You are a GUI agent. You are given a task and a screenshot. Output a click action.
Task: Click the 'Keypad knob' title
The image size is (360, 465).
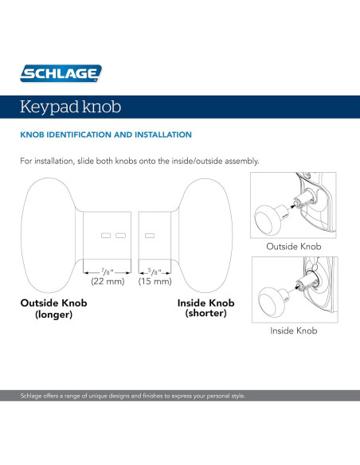click(x=71, y=105)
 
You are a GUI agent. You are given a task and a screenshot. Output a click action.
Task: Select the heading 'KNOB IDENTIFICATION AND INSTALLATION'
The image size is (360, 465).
click(x=105, y=135)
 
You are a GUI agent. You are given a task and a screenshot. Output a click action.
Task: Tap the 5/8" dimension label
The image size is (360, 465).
click(x=155, y=272)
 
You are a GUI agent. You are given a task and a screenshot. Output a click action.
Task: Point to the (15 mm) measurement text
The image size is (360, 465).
click(x=155, y=282)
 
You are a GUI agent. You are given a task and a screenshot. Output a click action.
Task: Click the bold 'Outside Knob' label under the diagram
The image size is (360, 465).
click(x=53, y=303)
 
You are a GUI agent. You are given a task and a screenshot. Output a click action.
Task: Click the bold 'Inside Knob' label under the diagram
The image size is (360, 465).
click(x=205, y=303)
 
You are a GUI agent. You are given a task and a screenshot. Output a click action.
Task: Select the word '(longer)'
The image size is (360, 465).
click(x=53, y=315)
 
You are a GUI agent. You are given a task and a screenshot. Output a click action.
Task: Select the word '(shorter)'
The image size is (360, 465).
click(x=205, y=315)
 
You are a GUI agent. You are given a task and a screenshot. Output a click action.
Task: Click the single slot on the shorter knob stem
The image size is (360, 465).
click(x=149, y=235)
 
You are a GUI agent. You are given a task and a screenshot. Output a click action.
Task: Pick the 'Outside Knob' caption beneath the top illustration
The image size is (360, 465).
click(x=294, y=247)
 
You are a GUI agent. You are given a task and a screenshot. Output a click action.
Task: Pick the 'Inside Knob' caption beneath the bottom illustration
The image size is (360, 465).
click(x=294, y=330)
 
